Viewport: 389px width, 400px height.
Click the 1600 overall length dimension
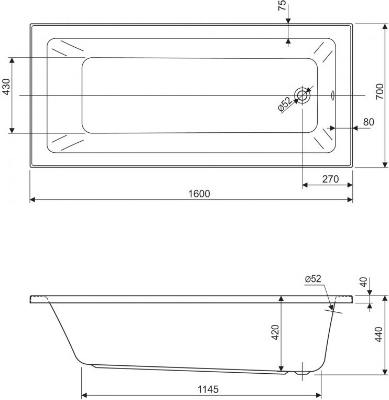pos(199,194)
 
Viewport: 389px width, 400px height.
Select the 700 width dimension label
pos(380,91)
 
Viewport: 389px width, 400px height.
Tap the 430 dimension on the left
pos(7,87)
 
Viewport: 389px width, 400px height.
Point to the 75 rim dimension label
pos(282,5)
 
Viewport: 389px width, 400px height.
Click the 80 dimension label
pos(369,122)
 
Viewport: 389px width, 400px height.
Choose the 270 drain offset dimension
pos(330,179)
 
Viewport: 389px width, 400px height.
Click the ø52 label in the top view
pos(285,104)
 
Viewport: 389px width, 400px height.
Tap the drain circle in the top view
pos(302,96)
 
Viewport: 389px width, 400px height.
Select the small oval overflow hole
pos(332,96)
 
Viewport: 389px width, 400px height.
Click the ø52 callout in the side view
pos(313,279)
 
